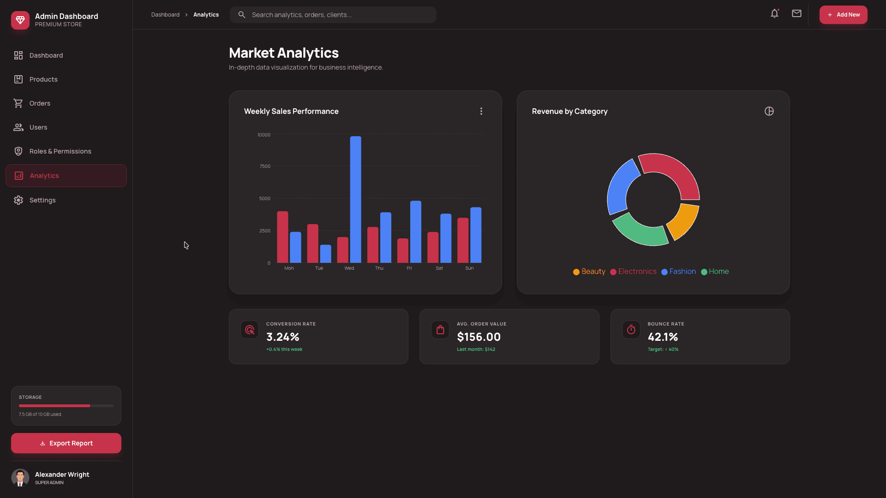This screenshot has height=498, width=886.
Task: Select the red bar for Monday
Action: [282, 237]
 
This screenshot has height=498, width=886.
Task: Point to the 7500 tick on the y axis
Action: [265, 166]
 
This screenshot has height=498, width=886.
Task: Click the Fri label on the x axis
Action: [409, 268]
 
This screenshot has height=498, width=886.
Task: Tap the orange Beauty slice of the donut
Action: [683, 221]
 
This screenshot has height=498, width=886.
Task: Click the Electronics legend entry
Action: [633, 272]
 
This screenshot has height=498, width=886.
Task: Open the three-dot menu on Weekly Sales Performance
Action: [481, 111]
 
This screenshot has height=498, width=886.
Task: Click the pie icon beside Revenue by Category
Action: [769, 111]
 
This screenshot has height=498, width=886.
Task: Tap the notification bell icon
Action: [774, 14]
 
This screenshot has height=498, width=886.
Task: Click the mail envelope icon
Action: [796, 14]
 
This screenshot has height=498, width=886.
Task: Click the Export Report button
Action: [66, 443]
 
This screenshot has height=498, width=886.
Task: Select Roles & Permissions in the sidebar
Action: [60, 151]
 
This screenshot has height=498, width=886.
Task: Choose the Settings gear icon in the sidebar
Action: [18, 200]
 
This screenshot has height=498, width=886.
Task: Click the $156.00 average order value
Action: [479, 337]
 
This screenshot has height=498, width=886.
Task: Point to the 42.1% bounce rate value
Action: [663, 337]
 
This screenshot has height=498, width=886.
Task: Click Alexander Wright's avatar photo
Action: [20, 478]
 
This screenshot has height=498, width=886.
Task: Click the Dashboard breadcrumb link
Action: [165, 15]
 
